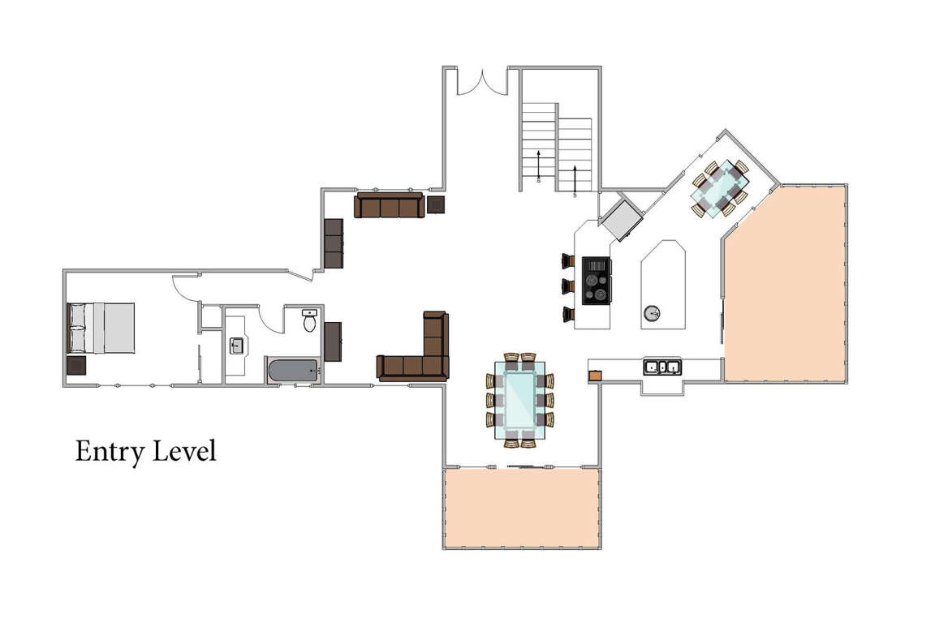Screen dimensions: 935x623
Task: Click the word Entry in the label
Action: coord(110,452)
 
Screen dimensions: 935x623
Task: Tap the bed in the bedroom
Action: coord(101,328)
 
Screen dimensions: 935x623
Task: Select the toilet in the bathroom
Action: coord(309,320)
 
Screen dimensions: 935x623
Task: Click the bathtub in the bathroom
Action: coord(293,371)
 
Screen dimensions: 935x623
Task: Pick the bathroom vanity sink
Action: coord(237,346)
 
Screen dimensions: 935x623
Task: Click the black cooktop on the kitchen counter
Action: coord(597,281)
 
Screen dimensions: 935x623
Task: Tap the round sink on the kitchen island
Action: coord(653,312)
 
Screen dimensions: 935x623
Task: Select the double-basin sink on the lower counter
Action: coord(662,367)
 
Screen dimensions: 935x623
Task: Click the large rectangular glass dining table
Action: coord(520,399)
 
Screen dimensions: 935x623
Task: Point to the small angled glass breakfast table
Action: coord(721,187)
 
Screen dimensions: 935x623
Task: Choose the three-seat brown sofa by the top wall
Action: coord(390,205)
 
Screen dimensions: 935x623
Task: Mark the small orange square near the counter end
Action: coord(595,376)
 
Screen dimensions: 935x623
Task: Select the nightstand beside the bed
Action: coord(76,365)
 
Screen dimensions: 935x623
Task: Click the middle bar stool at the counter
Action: coord(567,286)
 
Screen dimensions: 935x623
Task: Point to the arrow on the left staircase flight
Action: coord(538,165)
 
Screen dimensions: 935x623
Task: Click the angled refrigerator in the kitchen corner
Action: coord(622,220)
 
